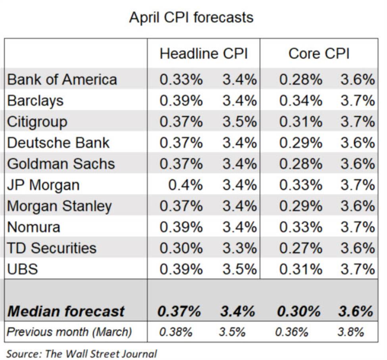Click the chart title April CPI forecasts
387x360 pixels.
pos(191,17)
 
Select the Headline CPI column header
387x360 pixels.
pos(204,54)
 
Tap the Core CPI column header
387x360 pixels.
pos(319,54)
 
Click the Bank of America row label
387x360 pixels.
pos(62,79)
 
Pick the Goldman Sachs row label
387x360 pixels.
pos(61,164)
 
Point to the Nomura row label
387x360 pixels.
pos(34,227)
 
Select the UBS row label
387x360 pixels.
pos(22,269)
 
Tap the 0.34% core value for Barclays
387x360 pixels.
pos(300,101)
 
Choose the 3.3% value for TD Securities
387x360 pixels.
pos(239,248)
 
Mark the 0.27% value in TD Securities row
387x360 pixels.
pos(300,248)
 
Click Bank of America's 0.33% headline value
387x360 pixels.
pos(181,79)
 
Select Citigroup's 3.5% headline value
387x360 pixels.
pos(239,122)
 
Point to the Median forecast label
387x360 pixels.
pos(66,311)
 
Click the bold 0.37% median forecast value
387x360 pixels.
pos(179,311)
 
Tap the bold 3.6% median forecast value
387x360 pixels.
pos(356,311)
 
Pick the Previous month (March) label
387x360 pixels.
pos(69,331)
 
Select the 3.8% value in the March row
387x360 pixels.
pos(350,332)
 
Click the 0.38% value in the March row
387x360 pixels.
pos(175,332)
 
